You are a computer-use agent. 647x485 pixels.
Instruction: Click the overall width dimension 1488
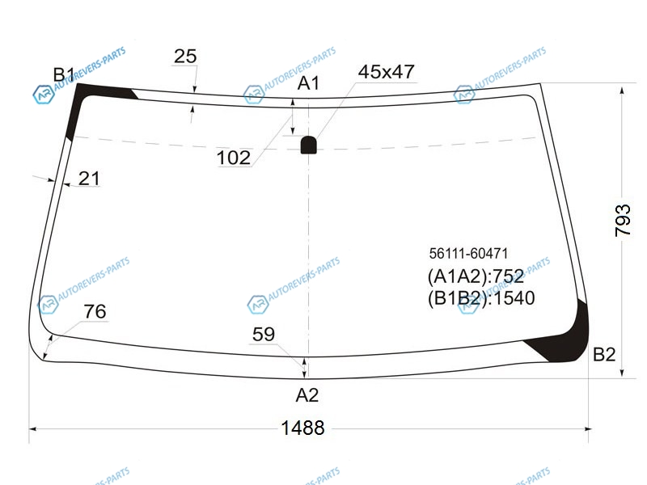302,428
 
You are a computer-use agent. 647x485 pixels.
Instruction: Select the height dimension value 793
623,220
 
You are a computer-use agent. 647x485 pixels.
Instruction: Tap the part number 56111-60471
468,253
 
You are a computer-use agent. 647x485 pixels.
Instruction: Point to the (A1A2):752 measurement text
476,276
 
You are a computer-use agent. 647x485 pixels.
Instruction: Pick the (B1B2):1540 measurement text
481,297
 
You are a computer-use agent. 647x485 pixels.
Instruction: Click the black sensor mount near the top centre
309,145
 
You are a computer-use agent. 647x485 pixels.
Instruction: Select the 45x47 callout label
386,72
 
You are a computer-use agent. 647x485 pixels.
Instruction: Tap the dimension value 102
233,158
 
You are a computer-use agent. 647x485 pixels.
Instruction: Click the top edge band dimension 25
185,56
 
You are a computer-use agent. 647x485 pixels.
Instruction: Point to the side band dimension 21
89,179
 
